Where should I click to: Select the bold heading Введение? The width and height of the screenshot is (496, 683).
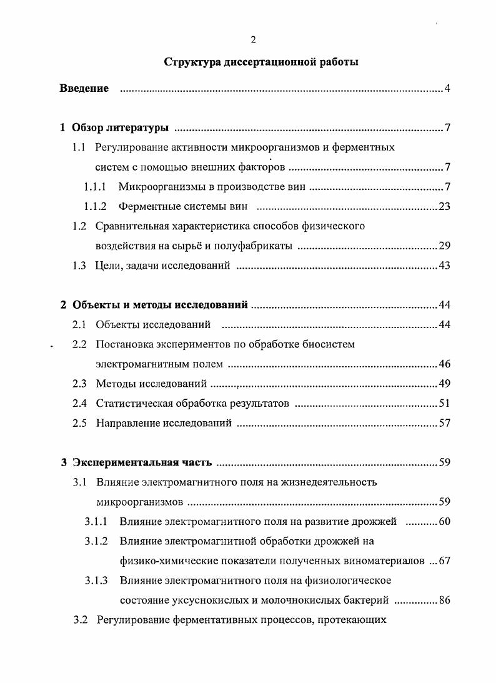(84, 89)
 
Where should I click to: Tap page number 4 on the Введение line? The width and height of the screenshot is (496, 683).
(447, 89)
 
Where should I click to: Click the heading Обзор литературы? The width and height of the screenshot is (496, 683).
(120, 129)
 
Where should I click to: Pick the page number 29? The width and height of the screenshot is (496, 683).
(444, 246)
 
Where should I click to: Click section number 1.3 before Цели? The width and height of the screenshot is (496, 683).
(79, 266)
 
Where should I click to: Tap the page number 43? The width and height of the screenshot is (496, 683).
(444, 266)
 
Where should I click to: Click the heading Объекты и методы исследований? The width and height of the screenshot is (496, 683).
(160, 306)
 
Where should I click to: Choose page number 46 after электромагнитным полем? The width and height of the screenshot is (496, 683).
(444, 364)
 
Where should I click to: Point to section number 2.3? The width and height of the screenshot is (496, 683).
(79, 384)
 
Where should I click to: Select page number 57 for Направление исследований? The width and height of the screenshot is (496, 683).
(444, 424)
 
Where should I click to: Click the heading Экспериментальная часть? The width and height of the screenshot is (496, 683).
(142, 463)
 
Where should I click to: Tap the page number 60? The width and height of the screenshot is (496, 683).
(444, 522)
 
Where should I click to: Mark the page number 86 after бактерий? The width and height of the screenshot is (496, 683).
(444, 601)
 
